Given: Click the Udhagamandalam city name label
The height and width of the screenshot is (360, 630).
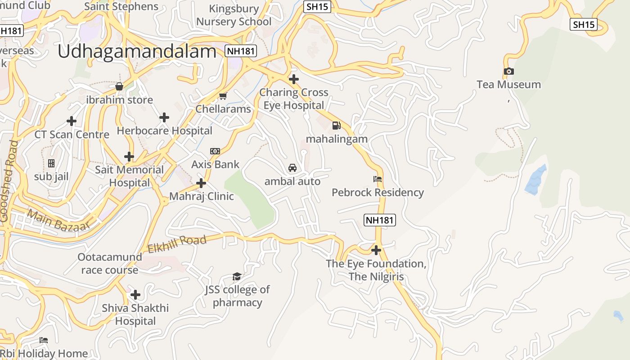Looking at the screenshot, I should pyautogui.click(x=137, y=52).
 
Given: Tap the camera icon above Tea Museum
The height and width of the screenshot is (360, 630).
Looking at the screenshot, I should pyautogui.click(x=508, y=71).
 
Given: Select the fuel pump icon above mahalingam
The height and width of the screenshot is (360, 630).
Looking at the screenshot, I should pyautogui.click(x=336, y=126).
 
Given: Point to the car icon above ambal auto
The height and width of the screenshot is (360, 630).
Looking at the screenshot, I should pyautogui.click(x=292, y=168).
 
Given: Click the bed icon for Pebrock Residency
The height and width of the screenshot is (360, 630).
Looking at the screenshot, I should pyautogui.click(x=378, y=179).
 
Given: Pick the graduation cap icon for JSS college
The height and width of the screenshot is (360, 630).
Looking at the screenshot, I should pyautogui.click(x=237, y=276).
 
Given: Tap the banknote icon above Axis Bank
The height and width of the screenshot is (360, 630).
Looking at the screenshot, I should pyautogui.click(x=215, y=151).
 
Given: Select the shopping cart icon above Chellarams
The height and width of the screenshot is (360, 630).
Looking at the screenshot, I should pyautogui.click(x=223, y=96).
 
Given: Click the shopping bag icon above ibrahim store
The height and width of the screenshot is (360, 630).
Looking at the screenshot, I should pyautogui.click(x=119, y=86).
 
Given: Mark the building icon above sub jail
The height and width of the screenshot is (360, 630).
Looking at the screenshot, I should pyautogui.click(x=51, y=163).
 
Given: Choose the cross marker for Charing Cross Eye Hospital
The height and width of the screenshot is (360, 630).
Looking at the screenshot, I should pyautogui.click(x=293, y=79).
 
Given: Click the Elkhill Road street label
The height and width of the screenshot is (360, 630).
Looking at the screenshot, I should pyautogui.click(x=177, y=243).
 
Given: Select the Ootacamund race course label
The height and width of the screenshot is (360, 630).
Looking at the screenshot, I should pyautogui.click(x=110, y=264).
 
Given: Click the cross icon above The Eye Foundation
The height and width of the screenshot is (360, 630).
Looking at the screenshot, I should pyautogui.click(x=376, y=250).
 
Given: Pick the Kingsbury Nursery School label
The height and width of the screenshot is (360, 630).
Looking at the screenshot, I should pyautogui.click(x=234, y=15).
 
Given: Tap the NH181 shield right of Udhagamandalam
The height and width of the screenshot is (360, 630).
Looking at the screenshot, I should pyautogui.click(x=241, y=51).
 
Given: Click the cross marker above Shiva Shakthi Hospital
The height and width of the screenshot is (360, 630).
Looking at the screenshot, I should pyautogui.click(x=135, y=295).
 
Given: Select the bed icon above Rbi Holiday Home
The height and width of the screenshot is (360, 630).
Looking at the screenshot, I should pyautogui.click(x=44, y=340).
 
